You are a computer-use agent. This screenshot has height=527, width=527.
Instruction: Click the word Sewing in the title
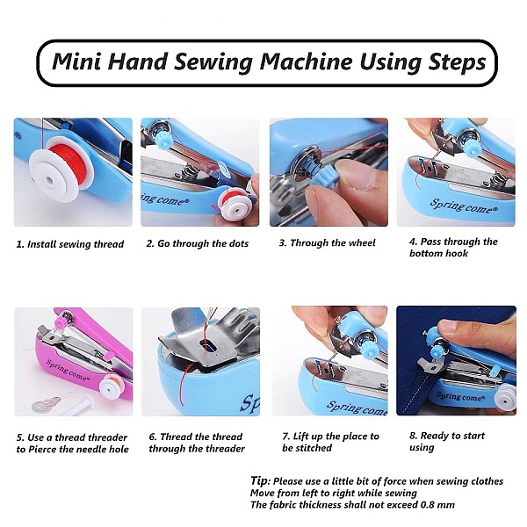point(213,62)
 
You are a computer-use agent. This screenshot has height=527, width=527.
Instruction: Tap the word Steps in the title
point(457,62)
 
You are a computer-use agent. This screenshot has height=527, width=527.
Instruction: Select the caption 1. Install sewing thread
point(70,244)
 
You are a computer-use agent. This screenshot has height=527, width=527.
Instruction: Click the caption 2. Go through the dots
point(198,243)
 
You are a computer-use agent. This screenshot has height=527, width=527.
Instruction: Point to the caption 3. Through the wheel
point(327,242)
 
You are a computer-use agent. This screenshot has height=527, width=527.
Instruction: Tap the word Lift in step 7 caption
point(300,437)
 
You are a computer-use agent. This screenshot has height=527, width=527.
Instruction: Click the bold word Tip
point(260,480)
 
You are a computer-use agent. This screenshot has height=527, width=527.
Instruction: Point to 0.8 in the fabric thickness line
point(430,505)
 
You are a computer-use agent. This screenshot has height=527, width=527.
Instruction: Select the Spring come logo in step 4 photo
point(464,206)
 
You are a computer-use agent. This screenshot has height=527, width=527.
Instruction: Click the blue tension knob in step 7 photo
point(370,349)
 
